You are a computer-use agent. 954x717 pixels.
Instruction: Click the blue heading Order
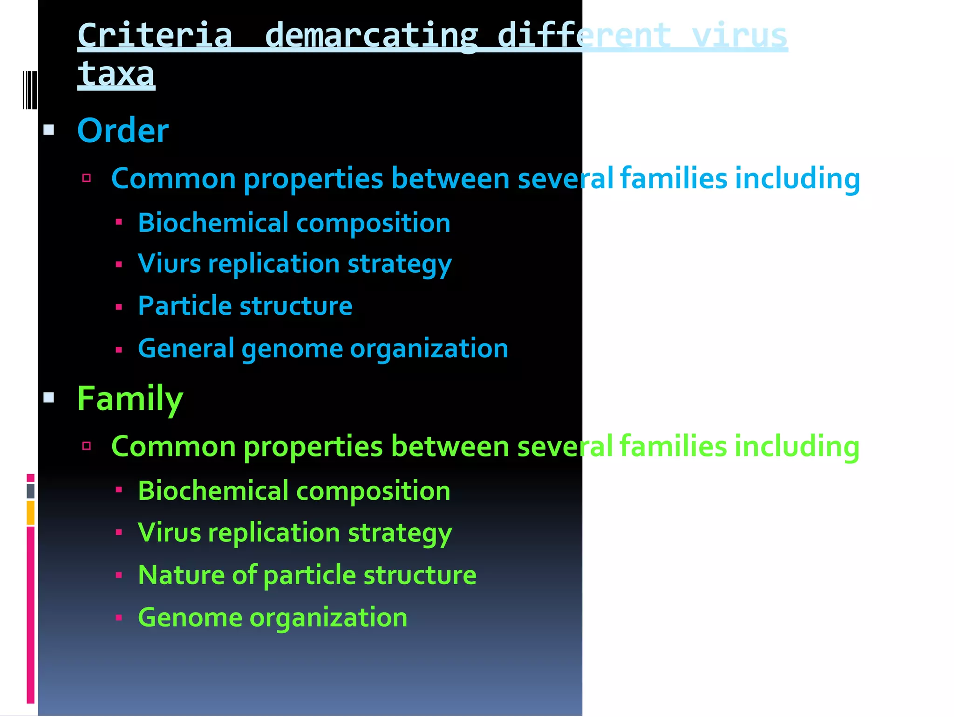(x=123, y=131)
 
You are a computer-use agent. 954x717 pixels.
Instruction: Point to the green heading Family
(x=130, y=399)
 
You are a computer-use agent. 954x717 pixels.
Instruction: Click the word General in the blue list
(x=186, y=348)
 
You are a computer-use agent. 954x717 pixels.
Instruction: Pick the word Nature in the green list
(x=181, y=574)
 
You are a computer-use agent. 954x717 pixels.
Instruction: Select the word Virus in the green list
(x=169, y=532)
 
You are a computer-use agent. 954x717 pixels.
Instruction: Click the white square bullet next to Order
(x=49, y=130)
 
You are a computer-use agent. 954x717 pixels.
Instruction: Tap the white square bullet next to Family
(x=49, y=398)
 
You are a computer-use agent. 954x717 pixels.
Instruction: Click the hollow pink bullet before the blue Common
(x=86, y=178)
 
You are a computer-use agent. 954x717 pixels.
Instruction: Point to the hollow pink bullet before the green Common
(x=86, y=446)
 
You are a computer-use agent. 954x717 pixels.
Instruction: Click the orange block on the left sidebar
(x=30, y=512)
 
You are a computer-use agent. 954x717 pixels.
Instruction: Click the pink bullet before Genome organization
(x=119, y=618)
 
